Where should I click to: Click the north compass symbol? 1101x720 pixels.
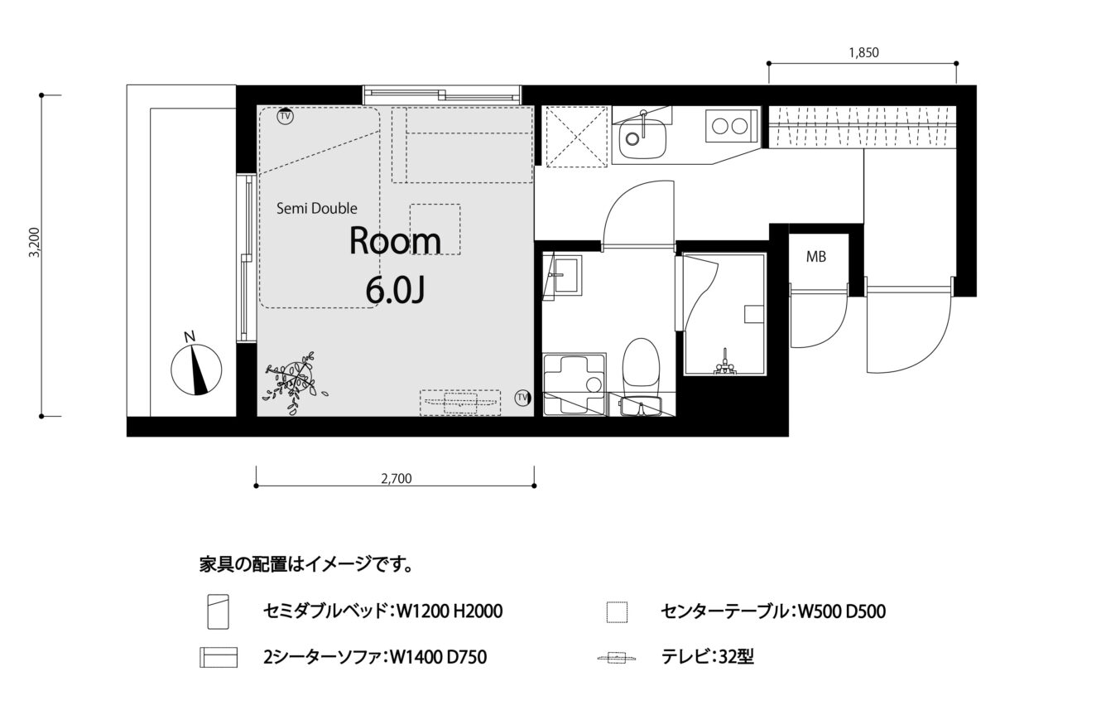196,370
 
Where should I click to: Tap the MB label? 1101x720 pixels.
816,257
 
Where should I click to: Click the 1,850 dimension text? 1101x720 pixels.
863,53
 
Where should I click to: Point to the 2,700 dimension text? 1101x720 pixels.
397,479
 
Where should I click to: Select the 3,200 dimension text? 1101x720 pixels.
35,242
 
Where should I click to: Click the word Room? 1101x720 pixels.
395,241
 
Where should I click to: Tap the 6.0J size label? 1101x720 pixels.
395,290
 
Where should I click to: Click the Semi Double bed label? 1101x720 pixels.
316,209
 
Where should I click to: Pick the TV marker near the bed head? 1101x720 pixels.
285,116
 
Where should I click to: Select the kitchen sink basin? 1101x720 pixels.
643,138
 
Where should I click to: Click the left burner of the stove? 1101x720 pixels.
720,127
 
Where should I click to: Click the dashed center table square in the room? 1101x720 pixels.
435,230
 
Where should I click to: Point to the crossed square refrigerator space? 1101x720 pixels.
575,136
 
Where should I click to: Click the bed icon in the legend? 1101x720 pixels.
219,611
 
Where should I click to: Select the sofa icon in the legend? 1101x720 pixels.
219,658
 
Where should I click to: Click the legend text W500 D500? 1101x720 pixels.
841,611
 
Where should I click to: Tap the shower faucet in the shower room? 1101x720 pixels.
724,363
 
